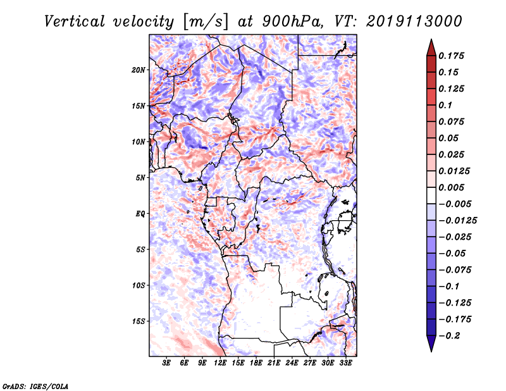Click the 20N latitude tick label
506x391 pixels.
click(139, 70)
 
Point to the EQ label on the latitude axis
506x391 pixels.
click(140, 213)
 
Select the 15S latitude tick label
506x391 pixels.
click(139, 321)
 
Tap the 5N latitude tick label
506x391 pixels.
click(140, 177)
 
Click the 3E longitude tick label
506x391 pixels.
click(166, 363)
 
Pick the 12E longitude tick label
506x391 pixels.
click(219, 363)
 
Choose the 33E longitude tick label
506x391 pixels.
click(345, 363)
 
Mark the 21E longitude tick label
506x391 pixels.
click(274, 363)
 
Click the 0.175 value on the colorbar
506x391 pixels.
click(451, 56)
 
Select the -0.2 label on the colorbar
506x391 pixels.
click(449, 335)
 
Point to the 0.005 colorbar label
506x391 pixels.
click(451, 187)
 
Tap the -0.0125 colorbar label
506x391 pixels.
click(457, 220)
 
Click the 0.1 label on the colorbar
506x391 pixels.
click(445, 105)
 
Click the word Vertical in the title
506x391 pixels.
click(74, 22)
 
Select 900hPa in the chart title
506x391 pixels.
click(292, 22)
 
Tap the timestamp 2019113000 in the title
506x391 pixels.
click(414, 22)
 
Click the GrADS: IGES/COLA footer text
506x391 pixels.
click(35, 386)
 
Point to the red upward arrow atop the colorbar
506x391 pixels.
click(431, 48)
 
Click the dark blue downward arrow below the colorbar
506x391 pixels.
click(431, 343)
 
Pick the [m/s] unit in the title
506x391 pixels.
click(205, 22)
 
